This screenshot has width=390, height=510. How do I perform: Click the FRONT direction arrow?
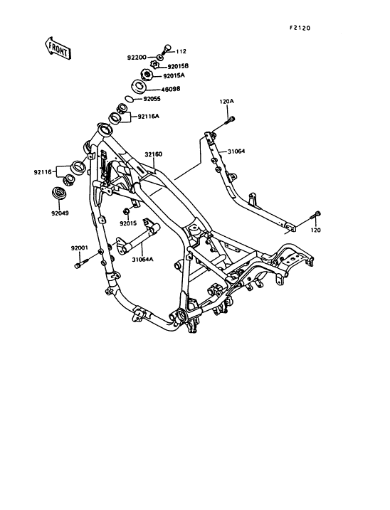(58, 48)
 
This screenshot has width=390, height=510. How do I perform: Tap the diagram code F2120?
(300, 28)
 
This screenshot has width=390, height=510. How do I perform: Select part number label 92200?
(137, 58)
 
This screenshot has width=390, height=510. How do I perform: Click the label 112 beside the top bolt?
(181, 51)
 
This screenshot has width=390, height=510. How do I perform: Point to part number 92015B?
(178, 66)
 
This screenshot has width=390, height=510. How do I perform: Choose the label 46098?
(171, 89)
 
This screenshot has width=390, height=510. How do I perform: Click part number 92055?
(152, 99)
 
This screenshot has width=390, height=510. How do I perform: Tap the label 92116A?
(149, 116)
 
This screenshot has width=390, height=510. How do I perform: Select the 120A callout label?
(226, 101)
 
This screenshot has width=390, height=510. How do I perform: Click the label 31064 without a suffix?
(236, 152)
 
